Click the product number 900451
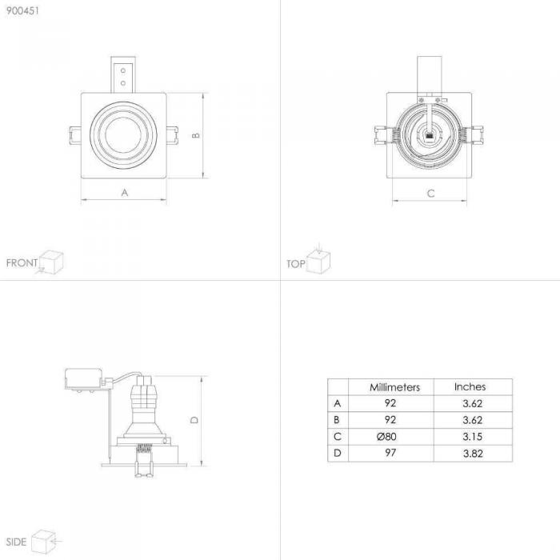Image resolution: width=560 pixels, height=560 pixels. (22, 10)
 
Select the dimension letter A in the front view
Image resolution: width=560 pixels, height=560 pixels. (124, 193)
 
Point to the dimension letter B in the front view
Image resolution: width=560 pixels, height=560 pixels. (196, 135)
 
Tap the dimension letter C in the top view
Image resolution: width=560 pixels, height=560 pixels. (430, 194)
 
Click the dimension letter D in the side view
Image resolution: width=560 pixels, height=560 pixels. (194, 420)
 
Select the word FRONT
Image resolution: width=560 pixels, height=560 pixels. (22, 263)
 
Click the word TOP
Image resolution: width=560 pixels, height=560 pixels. (296, 264)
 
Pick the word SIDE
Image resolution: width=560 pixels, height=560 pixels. (16, 542)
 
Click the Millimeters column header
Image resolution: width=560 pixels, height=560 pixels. (394, 387)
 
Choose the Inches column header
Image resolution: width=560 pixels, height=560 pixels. (470, 386)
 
